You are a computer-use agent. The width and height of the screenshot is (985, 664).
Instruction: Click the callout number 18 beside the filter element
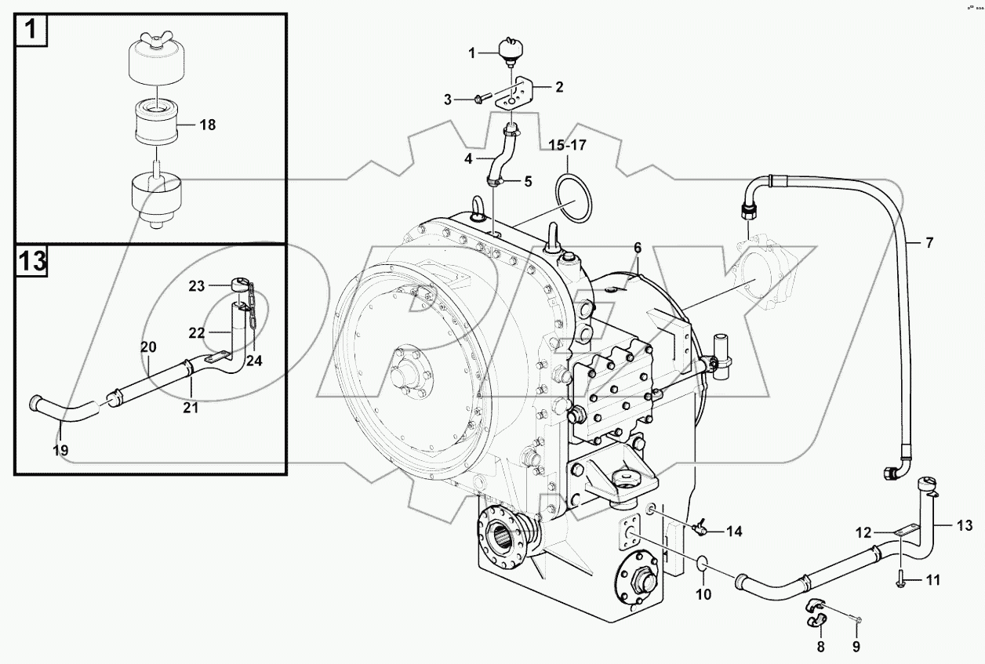[x=208, y=125]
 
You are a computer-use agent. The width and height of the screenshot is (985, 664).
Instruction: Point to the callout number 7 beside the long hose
[x=929, y=243]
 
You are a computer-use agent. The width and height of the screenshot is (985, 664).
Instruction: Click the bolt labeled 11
[x=900, y=581]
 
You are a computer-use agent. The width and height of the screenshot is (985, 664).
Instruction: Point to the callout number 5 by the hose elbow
[x=527, y=181]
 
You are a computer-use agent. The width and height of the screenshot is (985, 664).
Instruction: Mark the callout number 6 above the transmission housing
[x=638, y=248]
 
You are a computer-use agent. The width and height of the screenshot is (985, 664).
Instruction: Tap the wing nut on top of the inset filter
[x=154, y=42]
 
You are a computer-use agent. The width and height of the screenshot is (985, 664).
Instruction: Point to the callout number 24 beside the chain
[x=254, y=361]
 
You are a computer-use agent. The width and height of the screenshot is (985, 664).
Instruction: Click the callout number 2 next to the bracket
[x=558, y=86]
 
